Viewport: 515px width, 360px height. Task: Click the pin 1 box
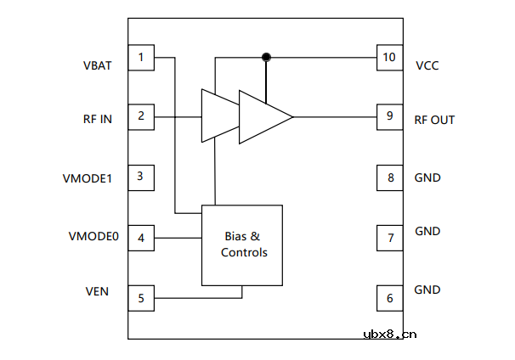[x=141, y=58]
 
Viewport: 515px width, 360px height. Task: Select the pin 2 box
[x=141, y=116]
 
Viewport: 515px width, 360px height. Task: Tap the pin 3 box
[x=141, y=178]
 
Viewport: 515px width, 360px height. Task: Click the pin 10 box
[x=390, y=58]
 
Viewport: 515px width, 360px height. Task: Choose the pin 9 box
[x=390, y=116]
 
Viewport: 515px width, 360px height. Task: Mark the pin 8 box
[x=390, y=178]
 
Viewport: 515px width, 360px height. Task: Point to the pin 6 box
[x=390, y=298]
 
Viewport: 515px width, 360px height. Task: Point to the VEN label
[x=97, y=291]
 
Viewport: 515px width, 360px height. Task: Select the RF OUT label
[x=434, y=120]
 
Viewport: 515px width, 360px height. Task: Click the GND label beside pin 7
[x=427, y=231]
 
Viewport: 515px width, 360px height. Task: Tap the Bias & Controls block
[x=242, y=245]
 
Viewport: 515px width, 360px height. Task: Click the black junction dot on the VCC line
[x=266, y=57]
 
